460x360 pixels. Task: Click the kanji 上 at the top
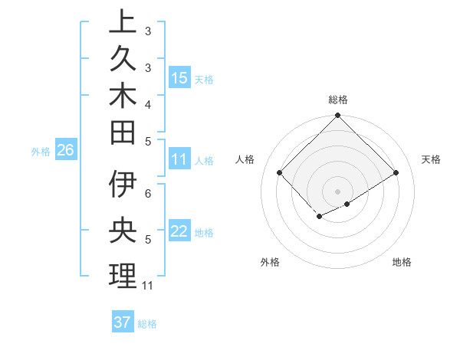tap(123, 21)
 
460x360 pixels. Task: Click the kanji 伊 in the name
tap(123, 185)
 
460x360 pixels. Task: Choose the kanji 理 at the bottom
tap(123, 276)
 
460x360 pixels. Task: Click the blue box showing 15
tap(179, 77)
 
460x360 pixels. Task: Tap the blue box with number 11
tap(179, 159)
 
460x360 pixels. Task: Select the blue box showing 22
tap(179, 231)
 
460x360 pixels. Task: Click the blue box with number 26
tap(65, 150)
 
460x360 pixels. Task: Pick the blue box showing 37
tap(123, 322)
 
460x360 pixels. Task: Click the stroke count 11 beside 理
tap(148, 286)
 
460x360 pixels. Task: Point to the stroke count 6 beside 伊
tap(148, 193)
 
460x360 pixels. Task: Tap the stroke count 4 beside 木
tap(148, 103)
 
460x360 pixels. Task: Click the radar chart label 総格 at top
tap(338, 100)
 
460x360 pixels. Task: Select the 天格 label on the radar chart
tap(431, 159)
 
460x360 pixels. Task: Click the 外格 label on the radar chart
tap(270, 262)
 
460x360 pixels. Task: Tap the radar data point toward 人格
tap(280, 172)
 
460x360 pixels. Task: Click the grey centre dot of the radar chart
tap(338, 191)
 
